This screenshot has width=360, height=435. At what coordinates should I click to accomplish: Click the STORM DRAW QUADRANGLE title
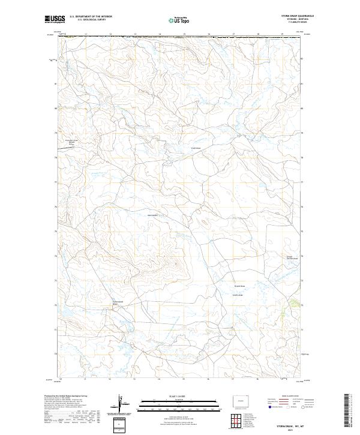tap(294, 17)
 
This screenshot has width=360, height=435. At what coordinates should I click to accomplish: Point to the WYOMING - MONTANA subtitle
tap(294, 20)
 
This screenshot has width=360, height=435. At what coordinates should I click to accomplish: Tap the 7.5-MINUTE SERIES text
tap(294, 23)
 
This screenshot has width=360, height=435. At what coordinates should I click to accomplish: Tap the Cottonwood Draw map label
tap(118, 303)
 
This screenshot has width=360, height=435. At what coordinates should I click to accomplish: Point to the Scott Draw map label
tap(196, 148)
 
